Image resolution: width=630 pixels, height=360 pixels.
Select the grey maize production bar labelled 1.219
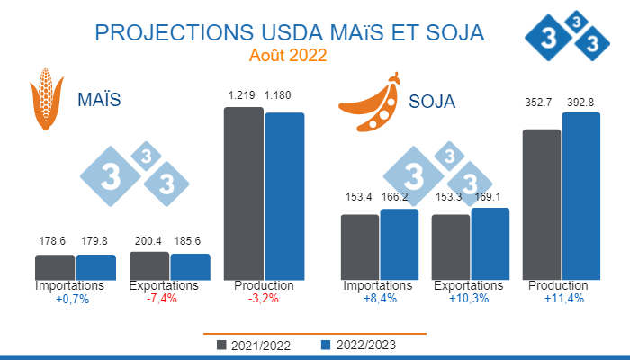[243, 193]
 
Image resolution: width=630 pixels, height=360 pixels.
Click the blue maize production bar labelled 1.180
[284, 196]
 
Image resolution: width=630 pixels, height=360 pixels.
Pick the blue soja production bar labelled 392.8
[580, 196]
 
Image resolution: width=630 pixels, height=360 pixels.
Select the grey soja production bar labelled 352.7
[541, 204]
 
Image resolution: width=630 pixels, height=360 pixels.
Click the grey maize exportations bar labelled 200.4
[149, 265]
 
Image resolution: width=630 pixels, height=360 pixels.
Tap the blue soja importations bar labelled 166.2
[400, 244]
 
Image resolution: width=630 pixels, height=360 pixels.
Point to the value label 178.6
[55, 241]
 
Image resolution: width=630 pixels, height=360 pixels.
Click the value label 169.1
[490, 195]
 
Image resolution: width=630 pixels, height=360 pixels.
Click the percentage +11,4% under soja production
[564, 299]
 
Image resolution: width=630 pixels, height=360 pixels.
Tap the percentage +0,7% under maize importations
[73, 299]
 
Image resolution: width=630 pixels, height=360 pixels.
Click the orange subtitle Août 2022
[288, 55]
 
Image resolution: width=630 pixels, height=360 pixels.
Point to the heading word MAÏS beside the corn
[99, 99]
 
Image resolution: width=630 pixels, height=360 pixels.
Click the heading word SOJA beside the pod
[432, 101]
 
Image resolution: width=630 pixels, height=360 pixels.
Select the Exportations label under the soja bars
[468, 286]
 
